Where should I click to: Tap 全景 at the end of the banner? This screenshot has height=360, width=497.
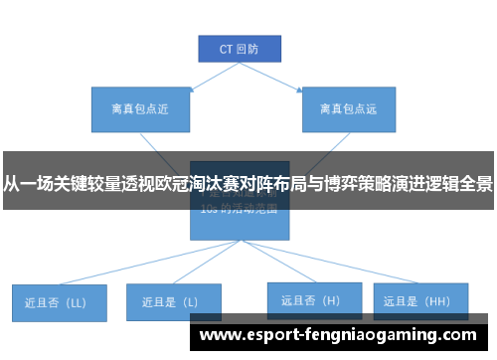[476, 183]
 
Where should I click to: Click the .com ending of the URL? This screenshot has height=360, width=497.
[459, 335]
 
